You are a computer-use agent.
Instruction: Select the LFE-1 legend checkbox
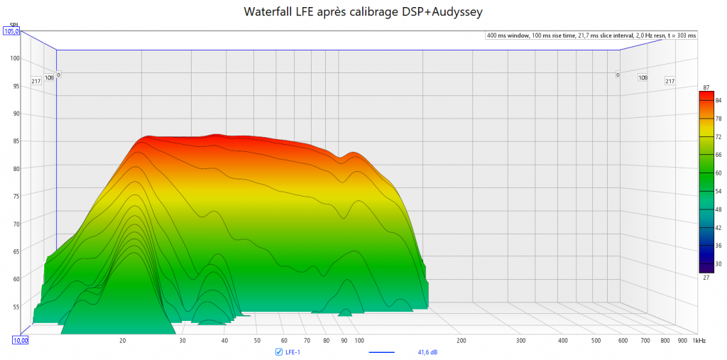tap(278, 351)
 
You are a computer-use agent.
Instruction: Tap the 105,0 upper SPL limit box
tap(11, 31)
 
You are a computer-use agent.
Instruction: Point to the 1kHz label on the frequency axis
tap(700, 341)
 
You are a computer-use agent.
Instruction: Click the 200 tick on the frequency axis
tap(461, 341)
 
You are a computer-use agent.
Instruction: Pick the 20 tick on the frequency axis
tap(123, 341)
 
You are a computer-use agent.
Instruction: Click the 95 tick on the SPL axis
tap(15, 86)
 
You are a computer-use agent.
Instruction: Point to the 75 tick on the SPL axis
tap(15, 196)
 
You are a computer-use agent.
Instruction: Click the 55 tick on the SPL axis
tap(15, 306)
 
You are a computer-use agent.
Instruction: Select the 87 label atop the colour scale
tap(706, 87)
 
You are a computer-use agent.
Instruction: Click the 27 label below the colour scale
tap(706, 278)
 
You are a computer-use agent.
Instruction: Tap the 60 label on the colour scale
tap(718, 173)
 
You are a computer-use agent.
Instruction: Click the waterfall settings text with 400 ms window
tap(591, 36)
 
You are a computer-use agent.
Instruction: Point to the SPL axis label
tap(13, 24)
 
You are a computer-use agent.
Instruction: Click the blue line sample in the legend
tap(383, 351)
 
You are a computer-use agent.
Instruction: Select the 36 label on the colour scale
tap(718, 245)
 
